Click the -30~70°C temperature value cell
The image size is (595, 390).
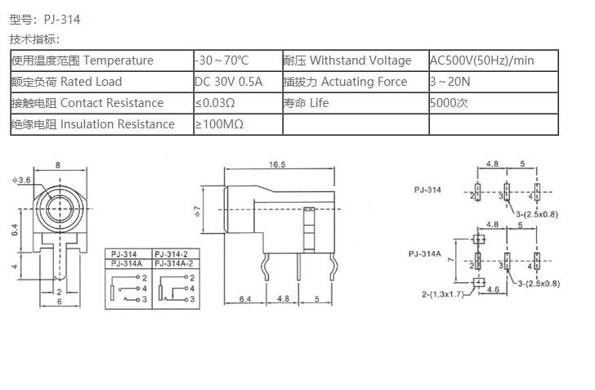coord(221,61)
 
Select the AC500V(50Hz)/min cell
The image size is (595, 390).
coord(482,61)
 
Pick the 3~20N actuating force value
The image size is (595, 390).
coord(450,82)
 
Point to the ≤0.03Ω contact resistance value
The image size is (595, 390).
coord(215,103)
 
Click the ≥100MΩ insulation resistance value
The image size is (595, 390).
coord(219,124)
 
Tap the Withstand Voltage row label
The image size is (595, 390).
coord(360,61)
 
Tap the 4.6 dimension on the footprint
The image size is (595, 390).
coord(494,288)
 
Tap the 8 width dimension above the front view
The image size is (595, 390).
coord(57,166)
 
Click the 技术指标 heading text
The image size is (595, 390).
coord(34,39)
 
